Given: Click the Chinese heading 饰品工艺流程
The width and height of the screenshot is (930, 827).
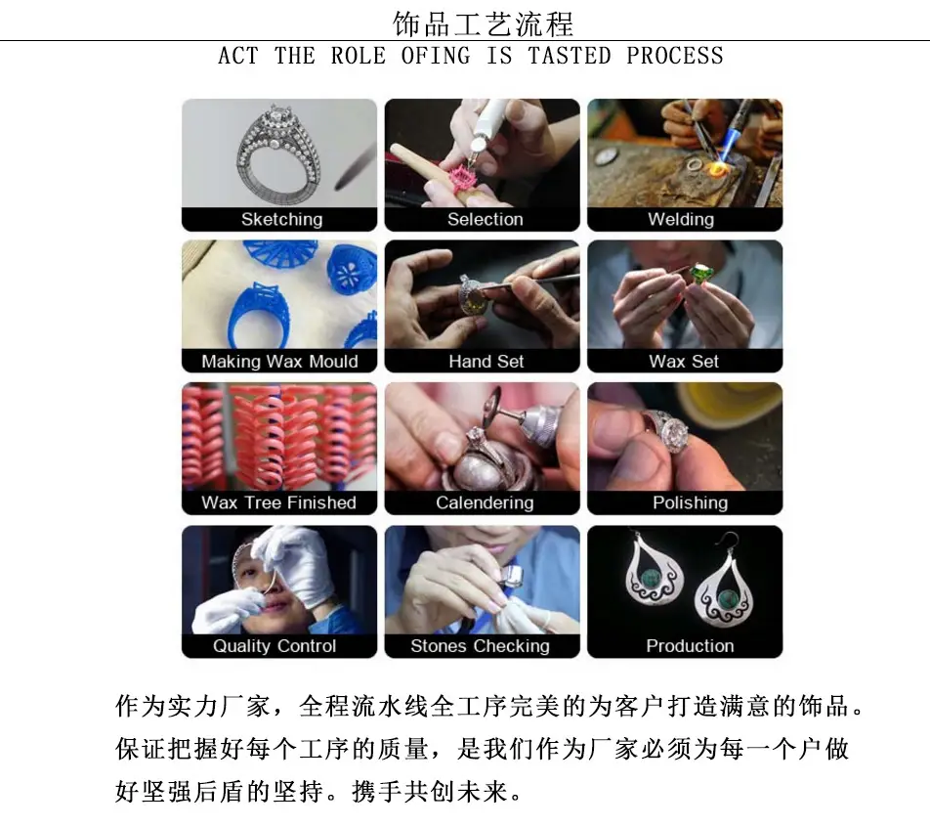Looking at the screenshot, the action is point(483,24).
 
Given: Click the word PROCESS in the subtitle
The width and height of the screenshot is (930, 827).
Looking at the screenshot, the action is point(675,56).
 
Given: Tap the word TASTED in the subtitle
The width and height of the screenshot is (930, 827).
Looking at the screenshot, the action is point(570,56).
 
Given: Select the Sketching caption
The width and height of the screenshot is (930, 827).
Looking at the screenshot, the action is point(281,219).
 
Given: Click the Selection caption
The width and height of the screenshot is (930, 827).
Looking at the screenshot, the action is point(486,219).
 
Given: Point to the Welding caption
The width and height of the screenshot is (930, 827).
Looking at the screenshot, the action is point(681,219).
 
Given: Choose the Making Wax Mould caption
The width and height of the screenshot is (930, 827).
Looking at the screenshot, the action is point(279,361).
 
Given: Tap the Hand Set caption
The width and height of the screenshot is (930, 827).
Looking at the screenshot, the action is point(486,361).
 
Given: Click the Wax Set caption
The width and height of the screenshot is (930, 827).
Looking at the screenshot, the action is point(684,361).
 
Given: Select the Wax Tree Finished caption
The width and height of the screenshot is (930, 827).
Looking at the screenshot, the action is point(278,502).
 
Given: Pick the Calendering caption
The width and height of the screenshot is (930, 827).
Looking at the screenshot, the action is point(485,502).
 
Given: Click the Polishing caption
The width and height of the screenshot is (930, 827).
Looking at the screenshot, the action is point(691,502).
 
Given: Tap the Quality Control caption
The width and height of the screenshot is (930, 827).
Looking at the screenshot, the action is point(275,646).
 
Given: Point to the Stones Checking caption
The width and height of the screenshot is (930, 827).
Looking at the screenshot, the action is point(480,646).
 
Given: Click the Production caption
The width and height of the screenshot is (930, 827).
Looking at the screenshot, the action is point(690,645).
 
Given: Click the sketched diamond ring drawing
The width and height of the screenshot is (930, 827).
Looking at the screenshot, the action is point(277,155).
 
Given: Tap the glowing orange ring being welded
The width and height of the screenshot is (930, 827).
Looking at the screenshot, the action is point(718,172).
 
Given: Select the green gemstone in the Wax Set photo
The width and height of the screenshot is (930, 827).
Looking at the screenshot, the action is point(701,275).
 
